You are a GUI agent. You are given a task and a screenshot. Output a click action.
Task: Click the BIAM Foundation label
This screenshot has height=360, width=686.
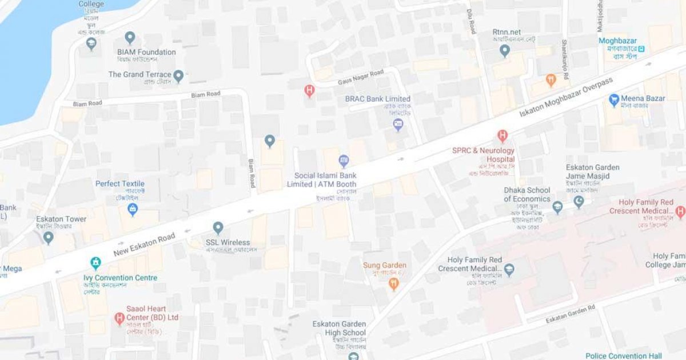146,52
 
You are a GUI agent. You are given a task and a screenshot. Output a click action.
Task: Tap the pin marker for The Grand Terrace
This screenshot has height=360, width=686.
178,75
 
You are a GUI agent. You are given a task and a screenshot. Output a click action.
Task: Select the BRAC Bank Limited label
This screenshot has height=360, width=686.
377,99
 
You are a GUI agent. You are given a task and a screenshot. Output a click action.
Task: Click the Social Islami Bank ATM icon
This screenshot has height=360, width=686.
344,161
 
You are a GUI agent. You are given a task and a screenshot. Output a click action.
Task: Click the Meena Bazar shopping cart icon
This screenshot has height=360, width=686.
615,99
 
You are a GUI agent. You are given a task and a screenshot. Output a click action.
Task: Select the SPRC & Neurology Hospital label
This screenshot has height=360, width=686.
483,154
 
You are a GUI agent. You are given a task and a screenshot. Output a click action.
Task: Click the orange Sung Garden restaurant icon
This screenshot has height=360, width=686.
393,283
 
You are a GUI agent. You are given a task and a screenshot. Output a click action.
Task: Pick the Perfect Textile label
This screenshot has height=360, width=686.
120,183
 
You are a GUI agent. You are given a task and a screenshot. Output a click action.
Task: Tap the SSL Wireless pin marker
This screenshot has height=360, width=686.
218,227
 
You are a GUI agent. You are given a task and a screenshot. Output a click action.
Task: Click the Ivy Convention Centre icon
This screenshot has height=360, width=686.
95,263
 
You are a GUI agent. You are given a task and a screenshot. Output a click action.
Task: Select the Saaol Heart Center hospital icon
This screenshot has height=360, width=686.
119,318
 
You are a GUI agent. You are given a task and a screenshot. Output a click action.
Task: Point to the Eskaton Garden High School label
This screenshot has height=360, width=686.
339,328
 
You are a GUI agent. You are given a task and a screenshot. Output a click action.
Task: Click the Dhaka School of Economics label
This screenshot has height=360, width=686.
527,194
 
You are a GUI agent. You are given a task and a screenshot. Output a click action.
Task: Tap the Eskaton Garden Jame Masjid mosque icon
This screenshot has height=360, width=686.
579,202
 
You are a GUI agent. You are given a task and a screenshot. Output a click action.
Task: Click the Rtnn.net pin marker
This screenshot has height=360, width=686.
504,50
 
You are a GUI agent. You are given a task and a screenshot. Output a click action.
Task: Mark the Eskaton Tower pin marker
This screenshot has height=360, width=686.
49,237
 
